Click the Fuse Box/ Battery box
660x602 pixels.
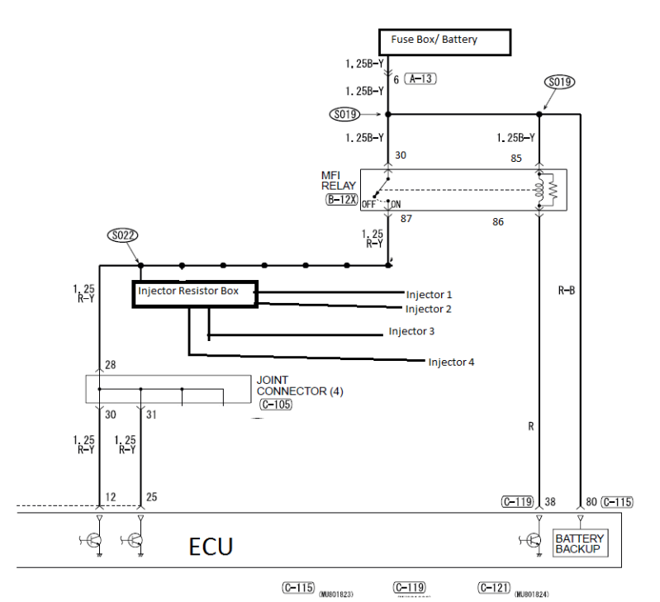click(444, 40)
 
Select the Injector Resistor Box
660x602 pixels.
click(195, 293)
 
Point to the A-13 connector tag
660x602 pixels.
click(420, 79)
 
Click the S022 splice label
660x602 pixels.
click(124, 235)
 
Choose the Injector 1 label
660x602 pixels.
click(430, 295)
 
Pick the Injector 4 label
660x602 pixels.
click(451, 362)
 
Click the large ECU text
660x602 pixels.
click(211, 547)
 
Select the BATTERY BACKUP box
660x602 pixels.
click(580, 543)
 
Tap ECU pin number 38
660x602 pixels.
click(551, 500)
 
